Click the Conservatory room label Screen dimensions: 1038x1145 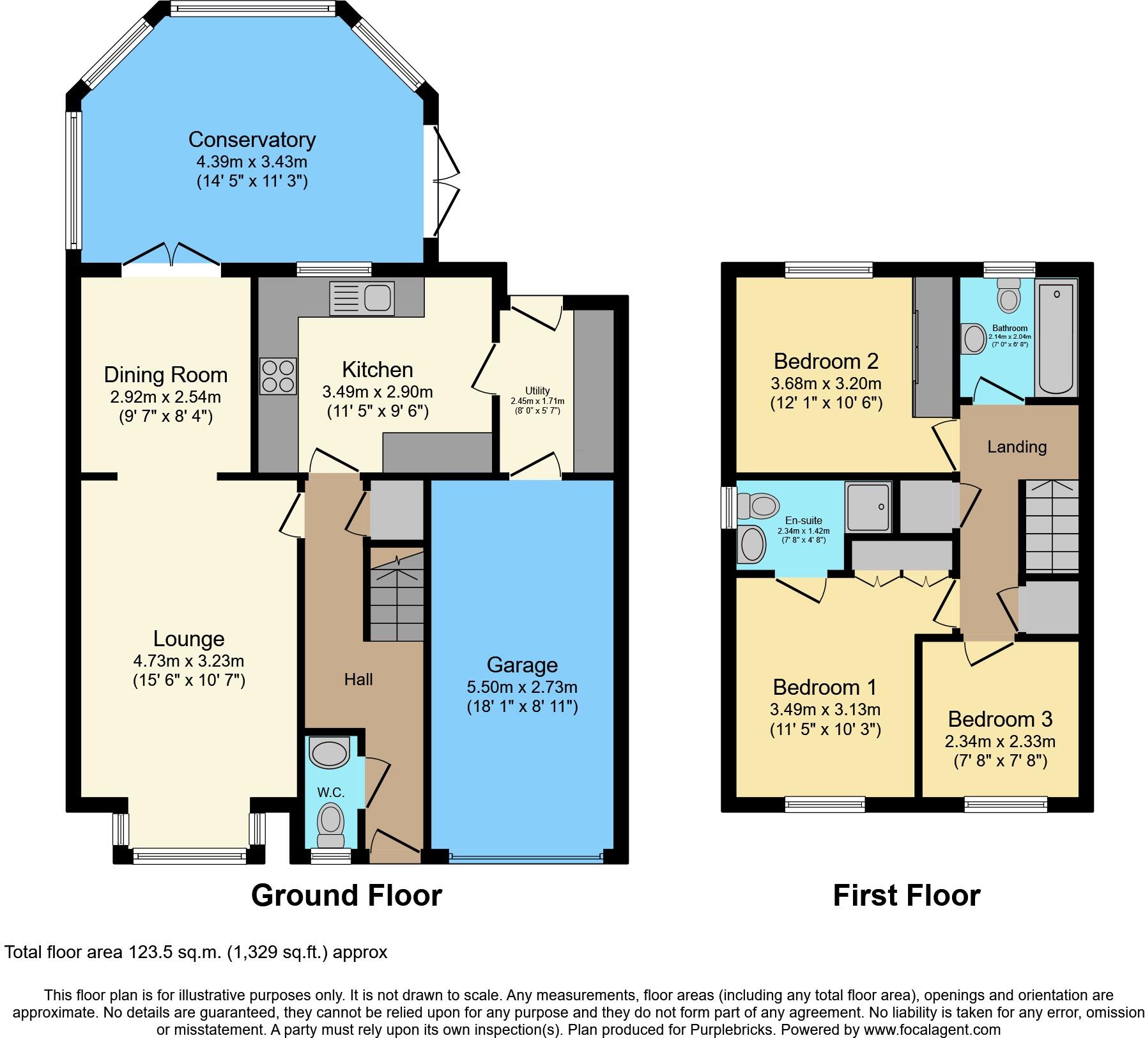tap(252, 139)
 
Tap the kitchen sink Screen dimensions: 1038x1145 tap(361, 298)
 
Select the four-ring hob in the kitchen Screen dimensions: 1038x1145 tap(278, 376)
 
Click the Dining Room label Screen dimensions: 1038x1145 tap(165, 375)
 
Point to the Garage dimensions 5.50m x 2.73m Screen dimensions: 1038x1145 tap(521, 687)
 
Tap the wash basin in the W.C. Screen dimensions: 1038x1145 tap(330, 752)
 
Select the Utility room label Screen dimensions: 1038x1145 tap(537, 391)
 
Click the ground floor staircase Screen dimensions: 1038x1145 tap(396, 597)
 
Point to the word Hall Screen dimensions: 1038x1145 tap(358, 679)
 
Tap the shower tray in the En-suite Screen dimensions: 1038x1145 tap(868, 507)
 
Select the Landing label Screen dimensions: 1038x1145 tap(1017, 447)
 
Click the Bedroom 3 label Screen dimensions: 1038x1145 tap(999, 719)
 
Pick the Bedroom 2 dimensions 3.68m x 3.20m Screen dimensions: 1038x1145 tap(826, 384)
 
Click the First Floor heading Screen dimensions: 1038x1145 tap(906, 895)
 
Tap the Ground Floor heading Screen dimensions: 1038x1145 tap(346, 895)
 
